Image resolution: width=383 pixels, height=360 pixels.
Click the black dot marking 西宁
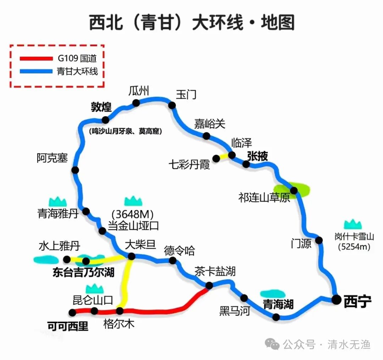click(x=337, y=299)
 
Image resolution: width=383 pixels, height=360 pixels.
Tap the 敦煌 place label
click(x=101, y=107)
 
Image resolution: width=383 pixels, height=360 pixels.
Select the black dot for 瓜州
click(x=136, y=103)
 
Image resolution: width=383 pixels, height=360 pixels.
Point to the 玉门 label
click(x=186, y=95)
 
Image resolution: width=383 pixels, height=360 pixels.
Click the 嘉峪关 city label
click(x=209, y=124)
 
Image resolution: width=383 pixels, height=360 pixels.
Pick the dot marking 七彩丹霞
click(x=216, y=158)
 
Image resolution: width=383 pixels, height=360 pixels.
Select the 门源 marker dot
click(x=319, y=240)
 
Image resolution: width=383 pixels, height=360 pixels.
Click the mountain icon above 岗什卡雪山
click(x=353, y=224)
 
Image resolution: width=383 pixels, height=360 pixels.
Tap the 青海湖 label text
click(x=278, y=304)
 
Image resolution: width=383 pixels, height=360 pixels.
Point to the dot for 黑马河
click(x=244, y=298)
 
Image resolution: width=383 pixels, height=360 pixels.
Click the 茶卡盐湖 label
click(x=215, y=272)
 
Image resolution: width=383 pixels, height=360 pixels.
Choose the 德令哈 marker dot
click(x=173, y=260)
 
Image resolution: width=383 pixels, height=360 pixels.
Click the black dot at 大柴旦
click(x=132, y=256)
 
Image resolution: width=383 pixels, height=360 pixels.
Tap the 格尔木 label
click(x=119, y=324)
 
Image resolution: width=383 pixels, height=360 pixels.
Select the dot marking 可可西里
click(x=73, y=312)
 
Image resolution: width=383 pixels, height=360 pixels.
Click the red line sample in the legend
click(x=36, y=59)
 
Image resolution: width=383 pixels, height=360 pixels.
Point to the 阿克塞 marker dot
click(x=75, y=170)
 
